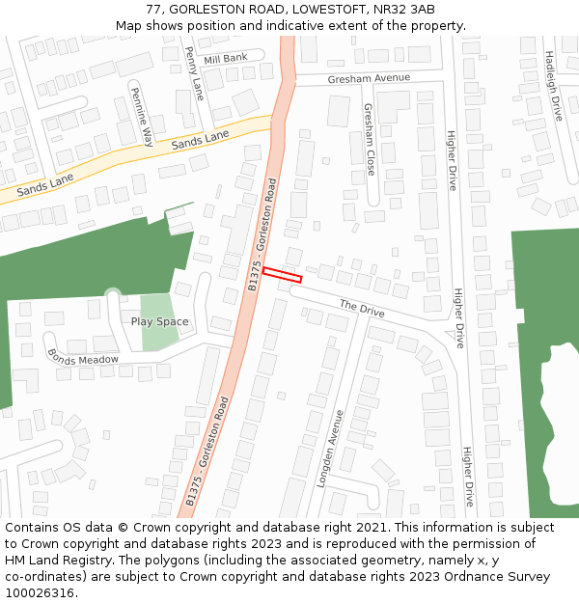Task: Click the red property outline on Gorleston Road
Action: pyautogui.click(x=282, y=275)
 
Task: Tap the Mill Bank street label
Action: pyautogui.click(x=226, y=59)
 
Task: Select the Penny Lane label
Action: pyautogui.click(x=194, y=73)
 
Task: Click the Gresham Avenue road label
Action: pyautogui.click(x=369, y=78)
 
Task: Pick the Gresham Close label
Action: pyautogui.click(x=370, y=139)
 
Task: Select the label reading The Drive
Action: pyautogui.click(x=362, y=309)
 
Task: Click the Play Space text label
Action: pyautogui.click(x=160, y=321)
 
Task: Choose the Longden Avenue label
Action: pyautogui.click(x=329, y=448)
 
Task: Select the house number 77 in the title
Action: pyautogui.click(x=153, y=10)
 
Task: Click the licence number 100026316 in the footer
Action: pyautogui.click(x=41, y=592)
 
